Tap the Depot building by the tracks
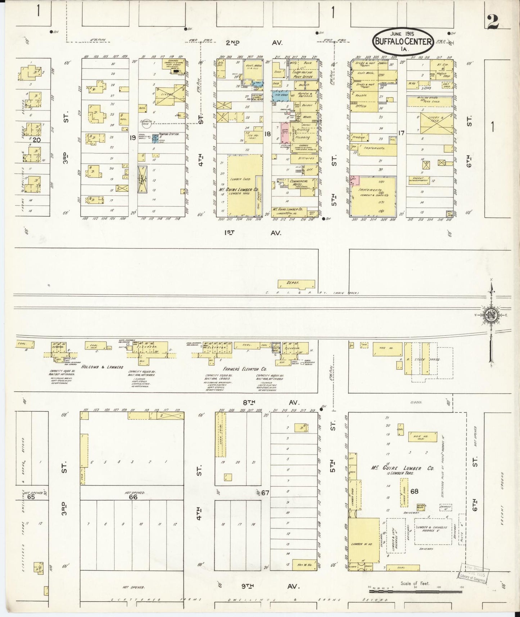[x=296, y=284]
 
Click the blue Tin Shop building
[x=280, y=96]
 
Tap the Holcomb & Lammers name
[x=102, y=367]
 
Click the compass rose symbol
[x=491, y=315]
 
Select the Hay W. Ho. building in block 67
[x=304, y=564]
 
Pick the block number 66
[x=133, y=497]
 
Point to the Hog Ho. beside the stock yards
[x=385, y=349]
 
